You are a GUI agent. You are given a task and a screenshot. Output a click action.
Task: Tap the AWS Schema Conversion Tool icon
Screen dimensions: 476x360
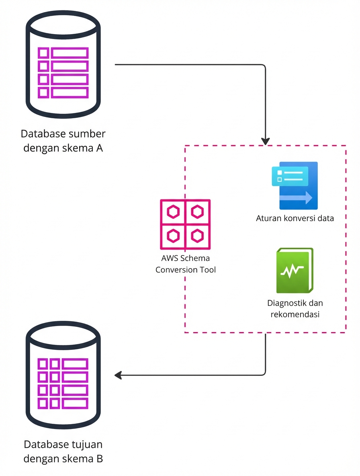tap(185, 224)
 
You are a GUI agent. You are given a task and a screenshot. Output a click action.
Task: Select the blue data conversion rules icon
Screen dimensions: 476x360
tap(295, 186)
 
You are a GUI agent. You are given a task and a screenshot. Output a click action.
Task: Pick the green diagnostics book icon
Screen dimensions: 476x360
tap(295, 271)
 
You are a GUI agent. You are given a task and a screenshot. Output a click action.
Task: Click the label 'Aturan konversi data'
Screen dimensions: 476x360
tap(295, 219)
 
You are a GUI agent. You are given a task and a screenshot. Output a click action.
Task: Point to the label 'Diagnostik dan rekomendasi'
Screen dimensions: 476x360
tap(295, 308)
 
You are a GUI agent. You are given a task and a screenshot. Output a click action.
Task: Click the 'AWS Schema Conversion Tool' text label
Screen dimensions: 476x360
tap(185, 264)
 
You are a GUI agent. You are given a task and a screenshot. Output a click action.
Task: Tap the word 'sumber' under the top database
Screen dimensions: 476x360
tap(86, 133)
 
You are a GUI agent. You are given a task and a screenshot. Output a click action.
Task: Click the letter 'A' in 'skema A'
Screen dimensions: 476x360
tap(99, 148)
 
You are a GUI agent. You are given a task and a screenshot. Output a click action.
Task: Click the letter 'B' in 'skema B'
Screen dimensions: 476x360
tap(99, 459)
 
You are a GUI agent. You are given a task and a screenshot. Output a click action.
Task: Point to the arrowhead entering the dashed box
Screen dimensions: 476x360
tap(265, 141)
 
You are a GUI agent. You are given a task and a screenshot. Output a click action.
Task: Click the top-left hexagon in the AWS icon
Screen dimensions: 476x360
tap(173, 211)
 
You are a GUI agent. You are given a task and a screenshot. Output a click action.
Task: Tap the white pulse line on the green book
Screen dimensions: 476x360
tap(292, 272)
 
